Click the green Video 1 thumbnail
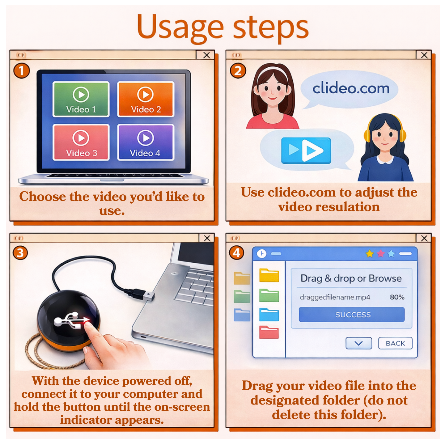tap(81, 99)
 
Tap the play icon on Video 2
tap(145, 95)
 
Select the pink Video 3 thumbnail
tap(81, 142)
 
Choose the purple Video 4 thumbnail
tap(146, 142)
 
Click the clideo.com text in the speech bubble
tap(351, 88)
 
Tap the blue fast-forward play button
tap(306, 150)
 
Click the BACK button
tap(395, 343)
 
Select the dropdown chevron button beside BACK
tap(359, 343)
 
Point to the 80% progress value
tap(397, 297)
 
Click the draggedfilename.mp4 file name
tap(335, 297)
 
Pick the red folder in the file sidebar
tap(269, 332)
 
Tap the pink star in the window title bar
tap(381, 254)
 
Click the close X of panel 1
tap(206, 55)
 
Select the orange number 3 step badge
tap(20, 253)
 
